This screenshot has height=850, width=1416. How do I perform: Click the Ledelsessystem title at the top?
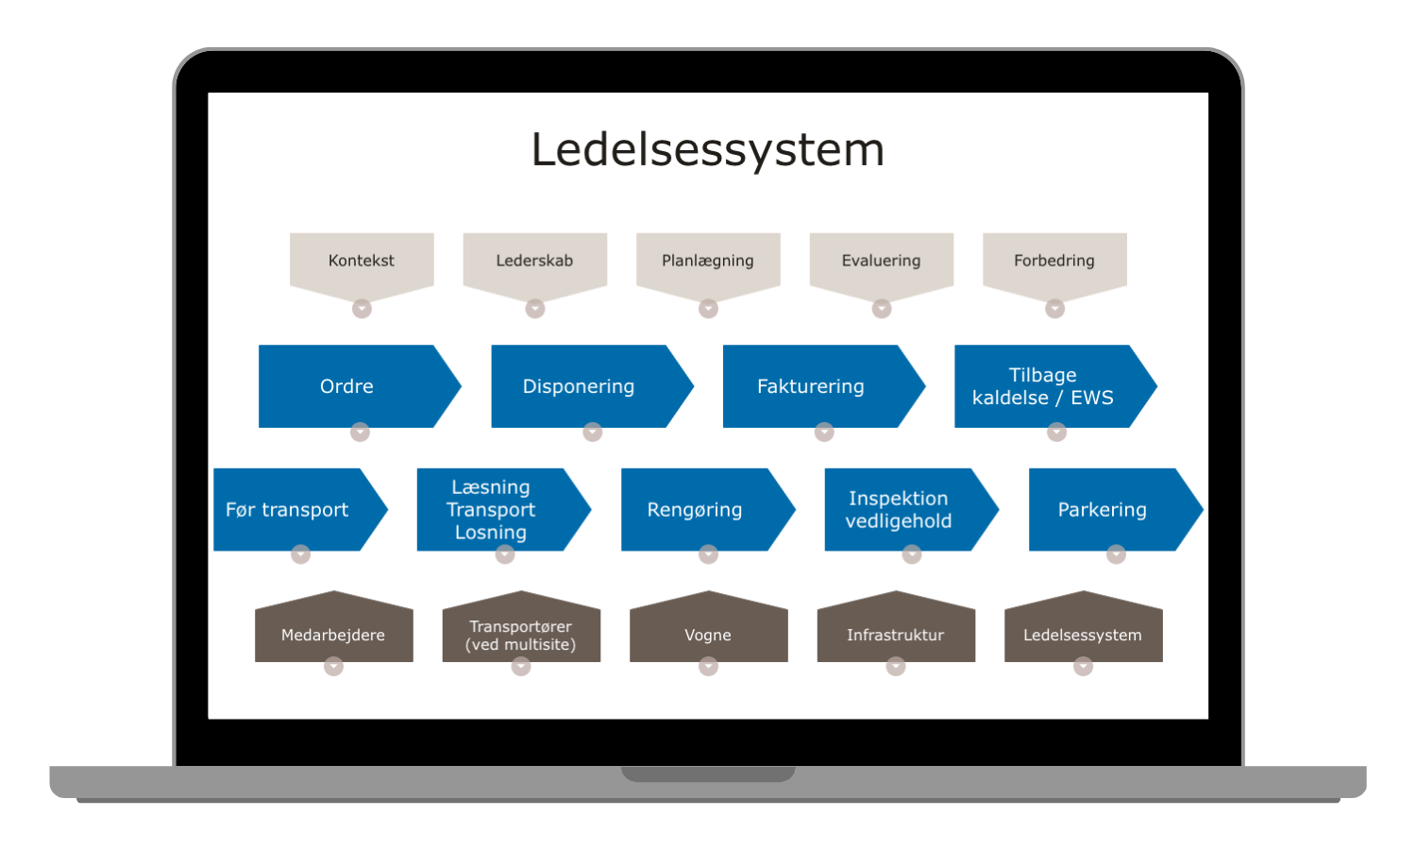point(708,149)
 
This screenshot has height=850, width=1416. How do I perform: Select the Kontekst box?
point(362,261)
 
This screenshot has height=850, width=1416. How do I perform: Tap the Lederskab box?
point(534,261)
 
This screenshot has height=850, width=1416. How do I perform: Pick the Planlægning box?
point(708,261)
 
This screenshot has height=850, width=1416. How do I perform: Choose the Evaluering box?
point(881,261)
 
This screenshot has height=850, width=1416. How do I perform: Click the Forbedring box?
point(1054,261)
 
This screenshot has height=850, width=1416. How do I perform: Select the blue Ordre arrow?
point(347,386)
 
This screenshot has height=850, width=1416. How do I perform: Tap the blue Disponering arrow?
point(579,386)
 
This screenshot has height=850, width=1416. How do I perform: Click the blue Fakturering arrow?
point(811,386)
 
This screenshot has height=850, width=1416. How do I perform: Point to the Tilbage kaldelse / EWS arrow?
point(1043,386)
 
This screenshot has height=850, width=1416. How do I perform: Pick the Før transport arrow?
point(288,510)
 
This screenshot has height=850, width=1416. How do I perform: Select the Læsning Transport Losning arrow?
point(491,510)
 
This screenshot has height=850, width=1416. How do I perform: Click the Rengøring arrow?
point(695,510)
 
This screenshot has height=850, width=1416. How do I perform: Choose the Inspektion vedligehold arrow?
point(899,510)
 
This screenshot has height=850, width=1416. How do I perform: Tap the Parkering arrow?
point(1103,510)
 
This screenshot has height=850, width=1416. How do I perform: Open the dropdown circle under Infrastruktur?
point(896,667)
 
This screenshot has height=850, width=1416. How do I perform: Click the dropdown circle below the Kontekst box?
point(362,309)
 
